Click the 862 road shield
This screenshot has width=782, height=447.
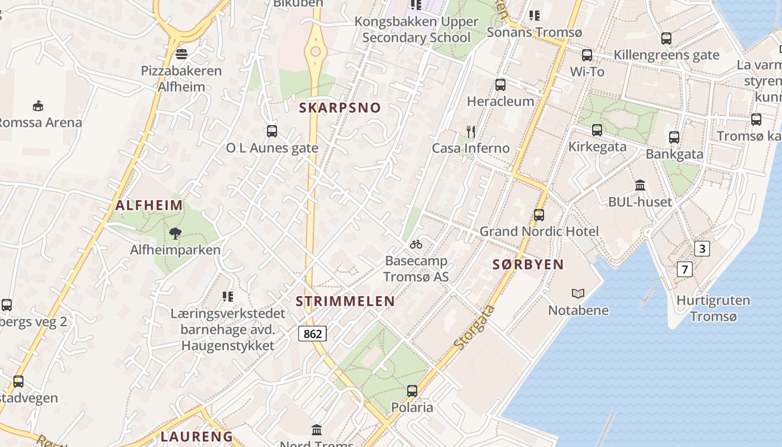tap(312, 334)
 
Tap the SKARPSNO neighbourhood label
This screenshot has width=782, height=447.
tap(340, 108)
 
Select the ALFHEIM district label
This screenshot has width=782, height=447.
tap(149, 205)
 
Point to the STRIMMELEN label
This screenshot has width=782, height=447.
tap(345, 301)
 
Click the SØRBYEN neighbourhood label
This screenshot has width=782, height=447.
tap(528, 264)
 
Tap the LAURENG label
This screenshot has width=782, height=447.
tap(197, 436)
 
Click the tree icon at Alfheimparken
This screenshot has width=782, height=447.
tap(175, 234)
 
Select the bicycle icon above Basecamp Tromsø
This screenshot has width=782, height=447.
tap(416, 244)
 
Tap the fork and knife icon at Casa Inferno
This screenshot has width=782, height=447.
tap(471, 132)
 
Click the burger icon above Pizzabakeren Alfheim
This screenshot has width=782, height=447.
tap(181, 54)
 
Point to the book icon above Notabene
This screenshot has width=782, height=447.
tap(578, 293)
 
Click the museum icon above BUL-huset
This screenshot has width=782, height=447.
tap(640, 185)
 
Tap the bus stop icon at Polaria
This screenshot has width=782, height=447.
tap(412, 391)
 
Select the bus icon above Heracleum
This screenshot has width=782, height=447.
tap(500, 85)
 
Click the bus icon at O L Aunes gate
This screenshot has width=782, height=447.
tap(272, 131)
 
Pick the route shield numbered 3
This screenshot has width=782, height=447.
tap(702, 249)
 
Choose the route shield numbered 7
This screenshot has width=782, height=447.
tap(685, 269)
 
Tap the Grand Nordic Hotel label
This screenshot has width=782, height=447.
tap(539, 231)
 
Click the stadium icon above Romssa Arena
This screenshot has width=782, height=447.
tap(38, 106)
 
